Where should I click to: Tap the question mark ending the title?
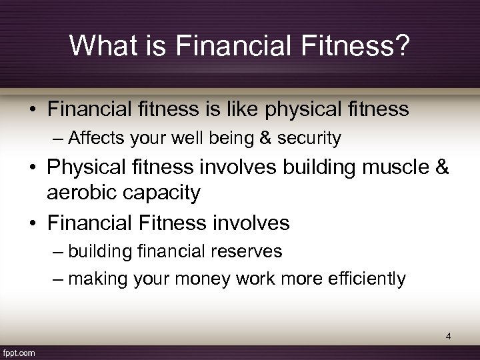403,45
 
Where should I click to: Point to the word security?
312,138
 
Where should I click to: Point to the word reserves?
249,251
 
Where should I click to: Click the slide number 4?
449,337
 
